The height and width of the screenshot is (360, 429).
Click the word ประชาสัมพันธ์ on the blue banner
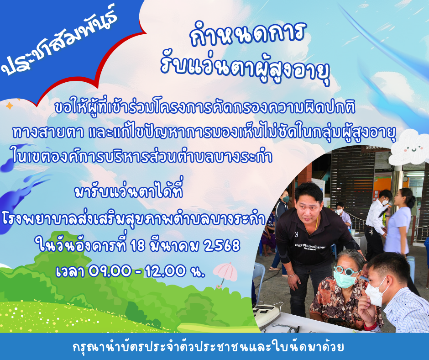[x=59, y=41]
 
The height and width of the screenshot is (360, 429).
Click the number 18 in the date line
[x=138, y=245]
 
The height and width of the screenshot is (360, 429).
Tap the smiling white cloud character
[x=408, y=147]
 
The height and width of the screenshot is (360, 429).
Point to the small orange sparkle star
[x=10, y=106]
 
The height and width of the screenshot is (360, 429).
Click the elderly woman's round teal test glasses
[x=345, y=270]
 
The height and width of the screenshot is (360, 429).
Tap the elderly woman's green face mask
[x=345, y=280]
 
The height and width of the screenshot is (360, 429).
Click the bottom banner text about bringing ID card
[x=208, y=347]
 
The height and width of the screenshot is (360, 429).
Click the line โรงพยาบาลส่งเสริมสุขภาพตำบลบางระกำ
[x=134, y=219]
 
